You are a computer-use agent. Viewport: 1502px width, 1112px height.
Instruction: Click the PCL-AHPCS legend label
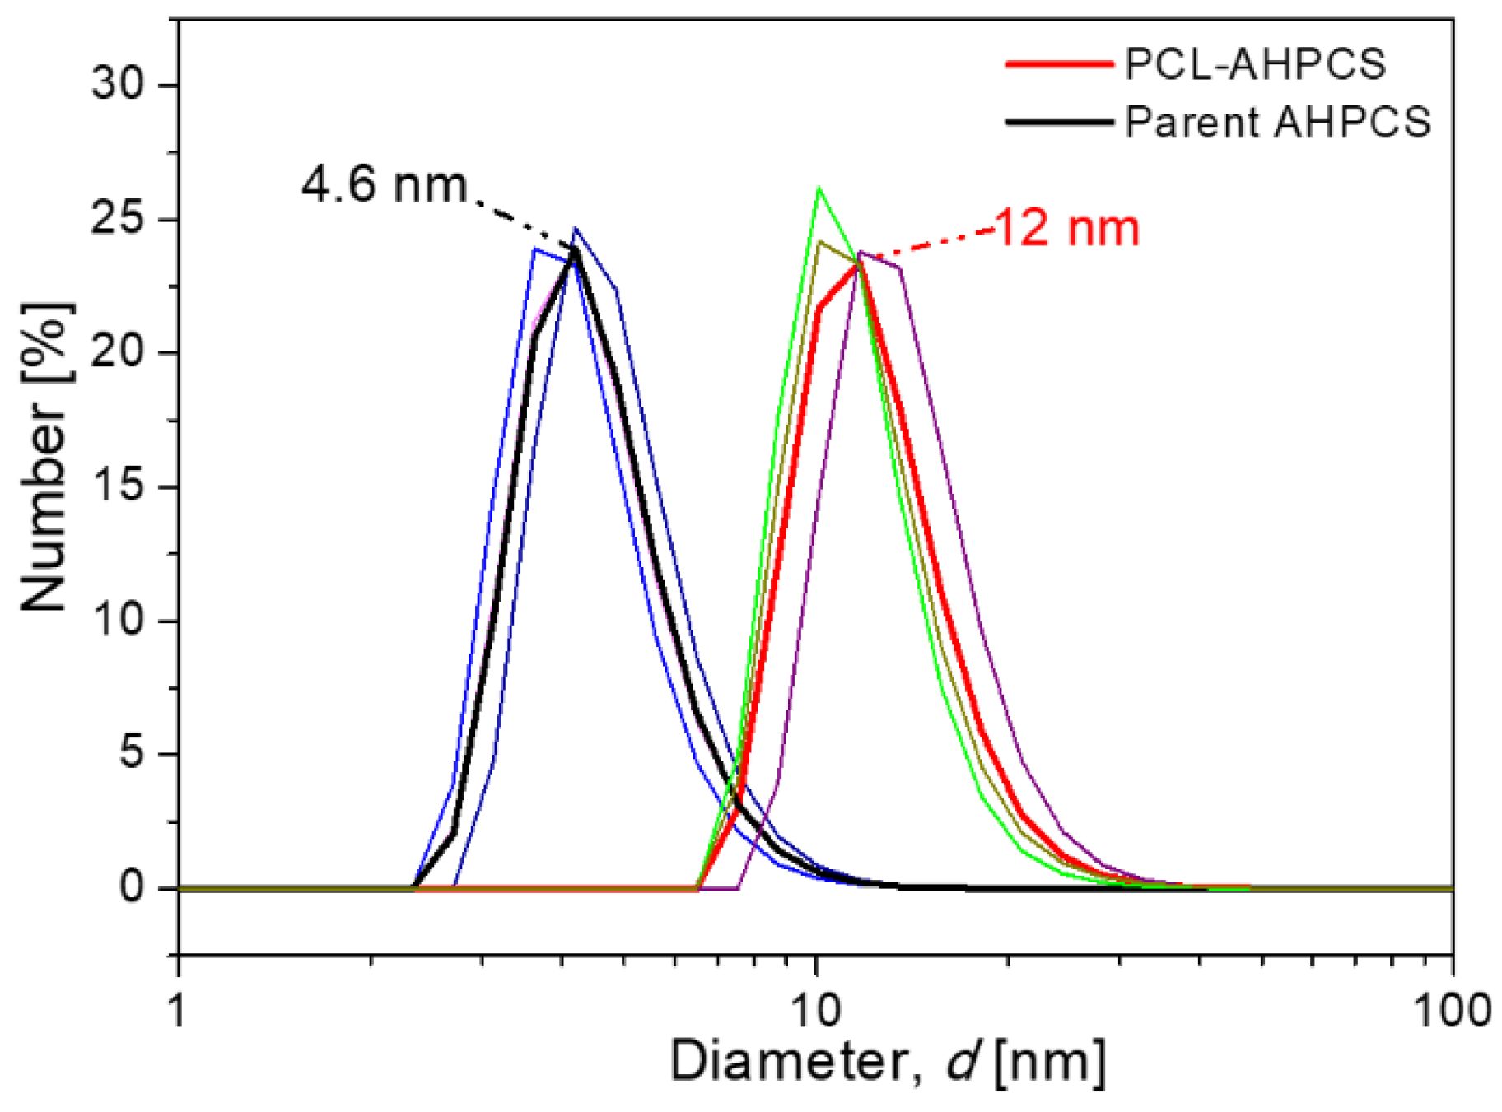[x=1255, y=64]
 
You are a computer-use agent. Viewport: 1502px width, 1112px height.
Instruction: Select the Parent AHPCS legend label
[x=1277, y=123]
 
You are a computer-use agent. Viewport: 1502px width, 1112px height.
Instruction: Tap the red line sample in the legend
[x=1059, y=64]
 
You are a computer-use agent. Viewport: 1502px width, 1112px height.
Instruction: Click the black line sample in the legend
[x=1059, y=122]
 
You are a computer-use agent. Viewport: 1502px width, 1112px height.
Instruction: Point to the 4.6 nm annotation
[x=384, y=184]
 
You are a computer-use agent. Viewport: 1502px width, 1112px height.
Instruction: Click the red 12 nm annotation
[x=1068, y=228]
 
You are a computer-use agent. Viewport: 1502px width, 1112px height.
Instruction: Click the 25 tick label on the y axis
[x=119, y=219]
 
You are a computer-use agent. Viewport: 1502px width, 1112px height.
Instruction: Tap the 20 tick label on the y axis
[x=119, y=353]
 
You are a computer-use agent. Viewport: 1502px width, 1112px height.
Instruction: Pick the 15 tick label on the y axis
[x=119, y=486]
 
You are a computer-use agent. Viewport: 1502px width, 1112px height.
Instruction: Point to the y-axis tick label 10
[x=119, y=620]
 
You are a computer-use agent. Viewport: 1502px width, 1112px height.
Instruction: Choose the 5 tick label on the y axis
[x=132, y=754]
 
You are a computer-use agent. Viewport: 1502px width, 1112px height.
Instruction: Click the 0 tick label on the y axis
[x=132, y=887]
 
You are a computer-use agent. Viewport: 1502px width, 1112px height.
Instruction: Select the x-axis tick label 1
[x=178, y=1011]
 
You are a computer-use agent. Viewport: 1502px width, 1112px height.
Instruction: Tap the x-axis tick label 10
[x=815, y=1011]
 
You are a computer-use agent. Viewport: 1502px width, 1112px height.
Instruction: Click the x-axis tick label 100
[x=1451, y=1011]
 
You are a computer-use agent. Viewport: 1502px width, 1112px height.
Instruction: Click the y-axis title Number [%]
[x=45, y=458]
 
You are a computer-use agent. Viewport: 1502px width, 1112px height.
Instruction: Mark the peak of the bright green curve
[x=819, y=188]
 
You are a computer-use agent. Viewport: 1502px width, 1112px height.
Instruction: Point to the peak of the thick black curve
[x=574, y=250]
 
